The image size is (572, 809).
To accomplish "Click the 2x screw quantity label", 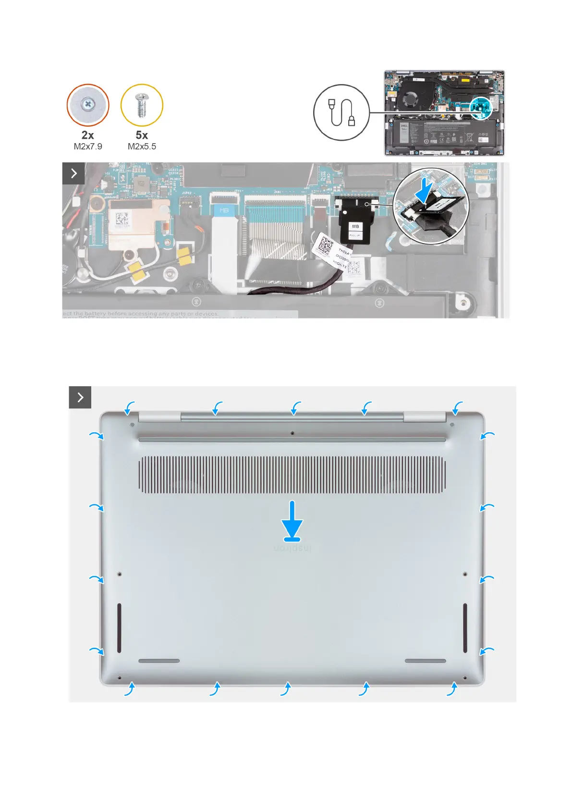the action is (88, 135).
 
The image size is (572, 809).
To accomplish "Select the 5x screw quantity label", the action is (142, 135).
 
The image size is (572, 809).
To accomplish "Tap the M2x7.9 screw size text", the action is (88, 147).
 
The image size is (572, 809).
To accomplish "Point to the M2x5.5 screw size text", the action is (142, 147).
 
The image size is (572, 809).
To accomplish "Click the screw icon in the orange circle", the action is (88, 105).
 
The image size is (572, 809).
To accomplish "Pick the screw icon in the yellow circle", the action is (142, 105).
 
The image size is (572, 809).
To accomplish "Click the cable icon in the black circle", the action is (341, 112).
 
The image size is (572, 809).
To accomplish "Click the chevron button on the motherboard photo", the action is (73, 173).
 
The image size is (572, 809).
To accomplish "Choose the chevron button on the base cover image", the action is (80, 397).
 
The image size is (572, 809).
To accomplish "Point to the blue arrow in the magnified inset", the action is (425, 192).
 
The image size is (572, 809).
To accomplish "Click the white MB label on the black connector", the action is (355, 226).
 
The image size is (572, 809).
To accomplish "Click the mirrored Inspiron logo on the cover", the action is (292, 548).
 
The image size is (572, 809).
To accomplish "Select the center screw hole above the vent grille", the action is (292, 433).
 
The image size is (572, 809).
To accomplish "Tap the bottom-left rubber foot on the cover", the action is (159, 661).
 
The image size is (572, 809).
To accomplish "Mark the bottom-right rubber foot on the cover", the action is (426, 661).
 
